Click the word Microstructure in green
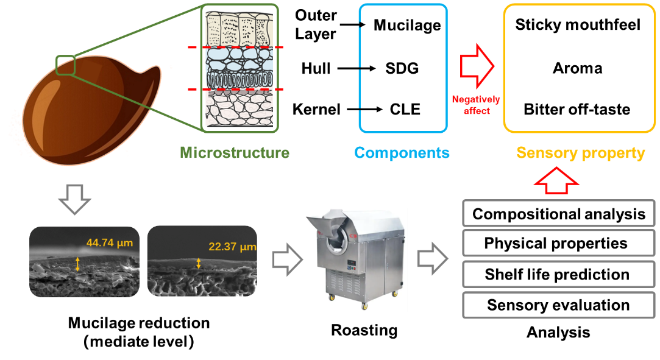pyautogui.click(x=235, y=152)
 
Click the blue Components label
pyautogui.click(x=402, y=152)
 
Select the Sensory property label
pyautogui.click(x=580, y=153)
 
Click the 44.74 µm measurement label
pyautogui.click(x=110, y=243)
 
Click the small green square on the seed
pyautogui.click(x=65, y=65)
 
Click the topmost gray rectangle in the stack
pyautogui.click(x=559, y=213)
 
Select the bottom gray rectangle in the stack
pyautogui.click(x=559, y=305)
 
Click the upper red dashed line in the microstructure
pyautogui.click(x=235, y=48)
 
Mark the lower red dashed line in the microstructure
pyautogui.click(x=235, y=90)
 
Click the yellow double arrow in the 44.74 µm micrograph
pyautogui.click(x=77, y=264)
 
